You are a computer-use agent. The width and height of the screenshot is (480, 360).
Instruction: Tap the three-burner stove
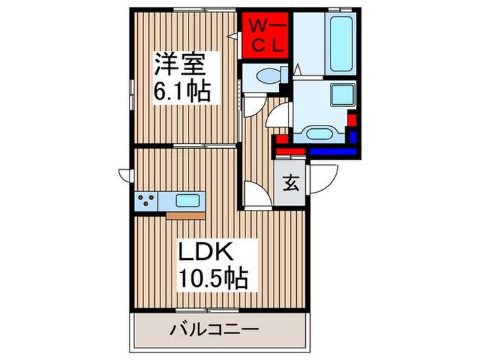147,201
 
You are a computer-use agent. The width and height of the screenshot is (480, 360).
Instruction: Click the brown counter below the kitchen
185,215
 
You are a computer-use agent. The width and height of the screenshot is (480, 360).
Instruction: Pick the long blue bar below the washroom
332,150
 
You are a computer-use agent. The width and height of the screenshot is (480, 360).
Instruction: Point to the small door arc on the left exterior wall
126,174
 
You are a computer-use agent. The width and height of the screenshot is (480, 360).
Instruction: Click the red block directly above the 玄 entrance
292,150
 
